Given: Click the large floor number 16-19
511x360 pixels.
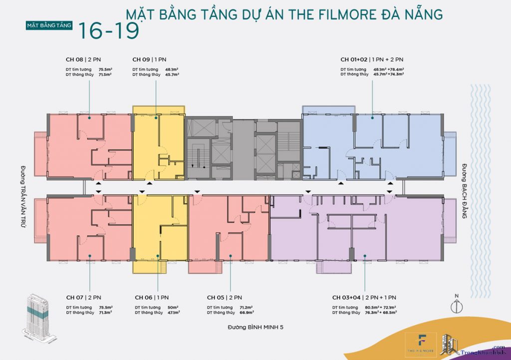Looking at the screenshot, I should click(108, 30).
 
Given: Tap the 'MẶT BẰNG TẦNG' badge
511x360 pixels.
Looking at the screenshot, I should click(50, 24).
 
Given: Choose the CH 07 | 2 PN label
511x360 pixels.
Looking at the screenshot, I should click(81, 298).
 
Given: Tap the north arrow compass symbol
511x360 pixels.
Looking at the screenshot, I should click(456, 306).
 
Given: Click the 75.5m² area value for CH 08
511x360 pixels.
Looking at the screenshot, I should click(105, 69).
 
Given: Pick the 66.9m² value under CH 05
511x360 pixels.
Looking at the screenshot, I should click(247, 313).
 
